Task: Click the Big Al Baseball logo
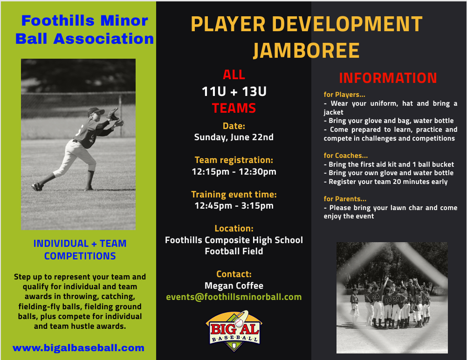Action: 234,331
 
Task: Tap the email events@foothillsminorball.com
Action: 234,297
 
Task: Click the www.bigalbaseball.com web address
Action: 78,348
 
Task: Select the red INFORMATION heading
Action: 388,78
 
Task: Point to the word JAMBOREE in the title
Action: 307,50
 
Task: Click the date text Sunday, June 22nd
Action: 234,137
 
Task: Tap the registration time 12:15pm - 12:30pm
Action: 234,172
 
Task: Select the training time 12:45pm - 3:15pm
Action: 234,205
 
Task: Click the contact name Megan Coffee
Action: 234,285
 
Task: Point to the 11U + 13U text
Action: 234,91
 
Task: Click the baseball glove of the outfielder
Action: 113,114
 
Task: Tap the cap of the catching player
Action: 96,111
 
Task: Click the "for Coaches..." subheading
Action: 345,156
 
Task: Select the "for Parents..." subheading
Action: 345,199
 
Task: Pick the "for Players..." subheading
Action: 344,95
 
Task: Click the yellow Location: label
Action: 234,229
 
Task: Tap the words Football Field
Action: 234,251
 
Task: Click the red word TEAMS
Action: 234,108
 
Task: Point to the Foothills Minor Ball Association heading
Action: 84,29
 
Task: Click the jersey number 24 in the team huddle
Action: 376,296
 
